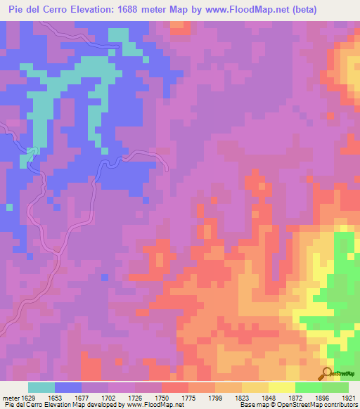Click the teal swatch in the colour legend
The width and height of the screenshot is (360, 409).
point(41,387)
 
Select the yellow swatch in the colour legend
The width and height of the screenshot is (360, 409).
point(282,387)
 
